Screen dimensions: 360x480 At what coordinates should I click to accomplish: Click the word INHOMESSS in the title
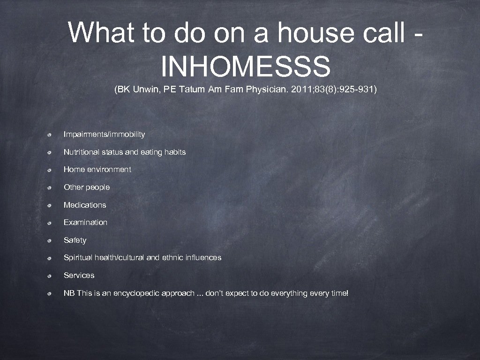246,66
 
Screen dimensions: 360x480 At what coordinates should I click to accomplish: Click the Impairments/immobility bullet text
104,135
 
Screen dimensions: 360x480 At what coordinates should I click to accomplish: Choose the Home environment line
97,170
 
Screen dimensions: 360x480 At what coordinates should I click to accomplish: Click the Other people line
87,187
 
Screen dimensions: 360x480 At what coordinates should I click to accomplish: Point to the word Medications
85,205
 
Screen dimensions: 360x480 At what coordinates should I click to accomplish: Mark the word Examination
85,222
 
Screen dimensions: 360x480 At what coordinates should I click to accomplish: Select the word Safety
75,240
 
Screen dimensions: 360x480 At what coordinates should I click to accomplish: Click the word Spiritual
78,258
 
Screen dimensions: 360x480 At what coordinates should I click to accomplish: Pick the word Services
79,275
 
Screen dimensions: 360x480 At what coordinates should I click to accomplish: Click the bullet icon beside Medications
49,205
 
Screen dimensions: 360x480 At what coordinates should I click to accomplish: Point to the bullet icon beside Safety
49,240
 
